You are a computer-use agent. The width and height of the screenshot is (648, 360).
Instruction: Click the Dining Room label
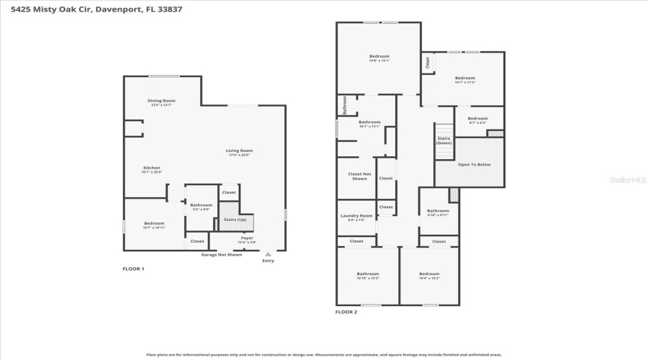click(161, 101)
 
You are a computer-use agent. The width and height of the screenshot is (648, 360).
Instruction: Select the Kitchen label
click(151, 168)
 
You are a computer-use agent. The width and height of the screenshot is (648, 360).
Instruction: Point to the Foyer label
click(247, 238)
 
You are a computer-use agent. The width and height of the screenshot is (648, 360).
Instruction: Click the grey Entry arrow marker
click(268, 254)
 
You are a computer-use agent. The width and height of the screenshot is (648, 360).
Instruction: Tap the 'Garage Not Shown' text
click(221, 255)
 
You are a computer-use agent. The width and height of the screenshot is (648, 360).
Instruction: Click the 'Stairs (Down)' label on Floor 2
click(444, 140)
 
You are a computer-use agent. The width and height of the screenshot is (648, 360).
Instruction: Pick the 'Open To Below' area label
click(474, 165)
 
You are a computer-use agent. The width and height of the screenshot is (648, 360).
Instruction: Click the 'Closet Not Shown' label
click(359, 176)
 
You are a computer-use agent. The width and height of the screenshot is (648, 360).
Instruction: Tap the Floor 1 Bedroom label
click(154, 223)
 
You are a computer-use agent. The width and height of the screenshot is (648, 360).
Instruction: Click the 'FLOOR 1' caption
click(133, 269)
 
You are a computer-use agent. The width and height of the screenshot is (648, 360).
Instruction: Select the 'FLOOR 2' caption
click(346, 312)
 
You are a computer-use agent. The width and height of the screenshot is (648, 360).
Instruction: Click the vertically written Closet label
click(428, 63)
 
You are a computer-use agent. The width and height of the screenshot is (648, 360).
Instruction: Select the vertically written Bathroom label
click(345, 105)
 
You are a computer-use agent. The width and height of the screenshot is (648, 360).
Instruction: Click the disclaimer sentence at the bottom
click(324, 354)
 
